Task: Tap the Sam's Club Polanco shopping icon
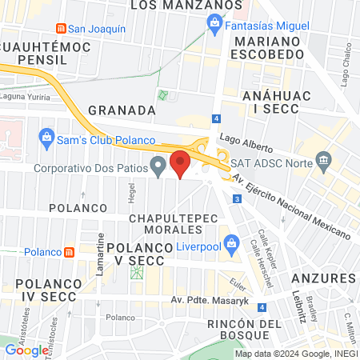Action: pos(46,138)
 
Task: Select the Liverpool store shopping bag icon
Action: pos(231,242)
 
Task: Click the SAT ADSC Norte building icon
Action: pos(323,161)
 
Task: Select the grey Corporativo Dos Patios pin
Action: pos(158,167)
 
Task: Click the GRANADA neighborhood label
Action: pos(121,110)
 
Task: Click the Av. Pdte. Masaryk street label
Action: pos(206,300)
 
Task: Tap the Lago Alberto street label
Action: pos(247,141)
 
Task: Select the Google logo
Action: pos(26,350)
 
